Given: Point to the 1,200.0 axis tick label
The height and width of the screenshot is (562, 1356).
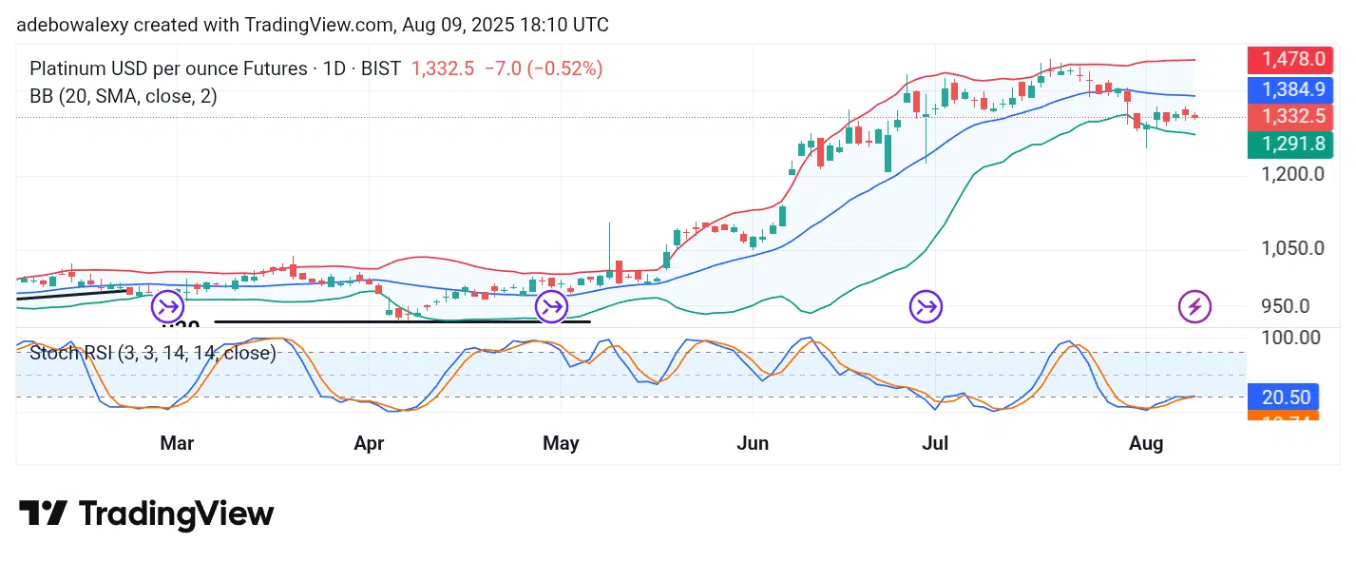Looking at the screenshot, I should (x=1291, y=174).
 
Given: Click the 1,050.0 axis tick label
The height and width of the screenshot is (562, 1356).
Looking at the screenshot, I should (x=1291, y=248).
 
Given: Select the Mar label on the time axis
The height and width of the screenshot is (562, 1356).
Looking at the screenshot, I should (x=178, y=444).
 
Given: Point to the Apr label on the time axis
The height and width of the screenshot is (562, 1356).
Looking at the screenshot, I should (x=368, y=444).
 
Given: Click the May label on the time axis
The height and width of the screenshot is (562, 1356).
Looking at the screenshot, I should (x=561, y=444).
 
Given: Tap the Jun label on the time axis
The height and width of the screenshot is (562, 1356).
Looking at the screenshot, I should (x=753, y=444).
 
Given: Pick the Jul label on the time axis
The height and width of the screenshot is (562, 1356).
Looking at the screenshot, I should (x=937, y=444).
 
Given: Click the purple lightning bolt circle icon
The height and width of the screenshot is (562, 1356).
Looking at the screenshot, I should (x=1194, y=306).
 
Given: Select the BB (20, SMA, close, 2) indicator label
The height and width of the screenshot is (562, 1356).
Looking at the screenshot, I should (x=124, y=96).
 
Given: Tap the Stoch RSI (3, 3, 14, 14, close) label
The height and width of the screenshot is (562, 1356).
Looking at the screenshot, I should (x=153, y=353).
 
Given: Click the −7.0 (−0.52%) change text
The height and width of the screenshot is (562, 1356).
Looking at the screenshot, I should (x=543, y=68).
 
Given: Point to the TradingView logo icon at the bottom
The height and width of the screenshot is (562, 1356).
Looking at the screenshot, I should (x=43, y=514).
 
